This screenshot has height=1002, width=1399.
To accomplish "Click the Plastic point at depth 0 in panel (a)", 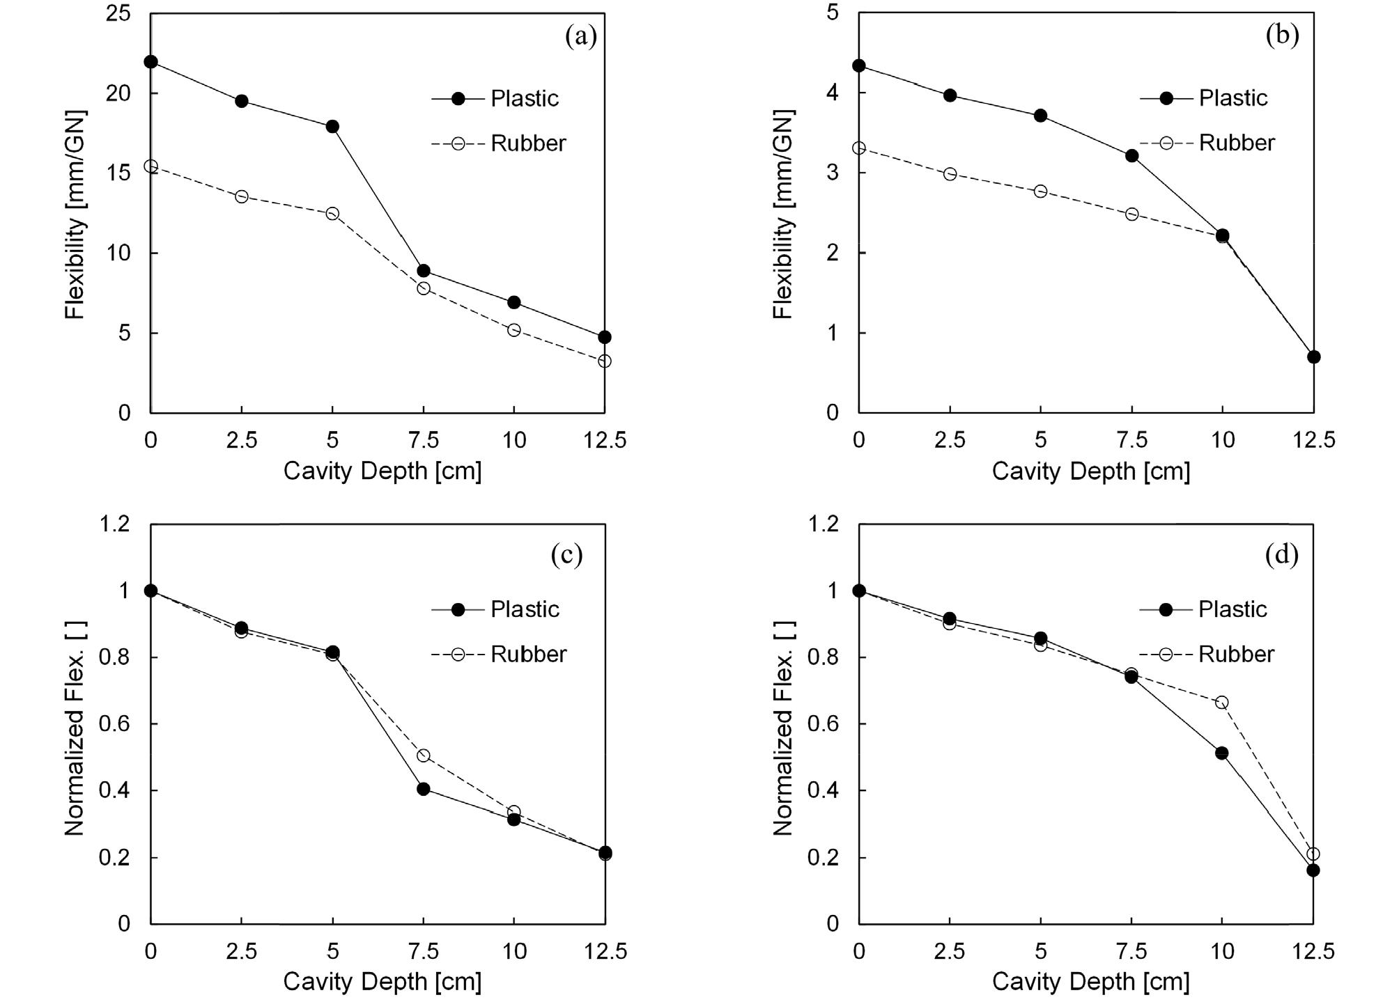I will point(150,62).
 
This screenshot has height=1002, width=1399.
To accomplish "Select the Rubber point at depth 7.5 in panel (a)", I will point(423,288).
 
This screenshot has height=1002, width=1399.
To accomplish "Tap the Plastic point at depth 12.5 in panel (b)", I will point(1313,357).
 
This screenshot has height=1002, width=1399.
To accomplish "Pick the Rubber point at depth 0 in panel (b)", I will point(859,148).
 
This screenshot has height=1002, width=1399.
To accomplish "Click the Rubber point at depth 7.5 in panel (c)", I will point(423,756).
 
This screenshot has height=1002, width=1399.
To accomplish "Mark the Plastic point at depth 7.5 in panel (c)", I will point(423,789).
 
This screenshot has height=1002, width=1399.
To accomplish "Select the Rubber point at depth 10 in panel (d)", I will point(1222,703).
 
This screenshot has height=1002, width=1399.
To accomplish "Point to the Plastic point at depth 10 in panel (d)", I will point(1222,753).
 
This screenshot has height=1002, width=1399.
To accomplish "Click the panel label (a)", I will point(581,36).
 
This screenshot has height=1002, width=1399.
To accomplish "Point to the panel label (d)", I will point(1282,554).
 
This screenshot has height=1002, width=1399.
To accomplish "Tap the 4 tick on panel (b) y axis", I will point(832,93).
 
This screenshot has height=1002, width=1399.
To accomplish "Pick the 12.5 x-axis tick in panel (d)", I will point(1313,951).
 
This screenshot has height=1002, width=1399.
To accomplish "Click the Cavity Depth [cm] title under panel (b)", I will point(1091,471).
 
